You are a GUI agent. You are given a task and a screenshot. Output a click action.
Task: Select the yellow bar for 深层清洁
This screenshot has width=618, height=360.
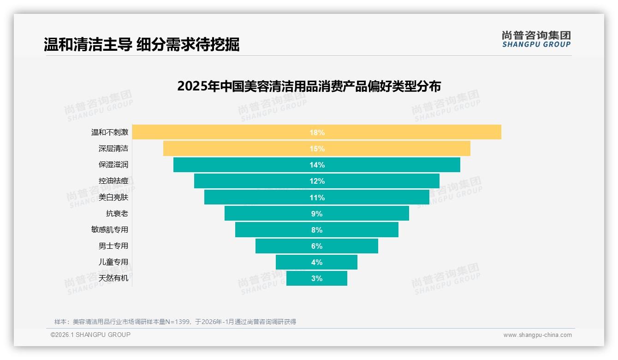(x=231, y=149)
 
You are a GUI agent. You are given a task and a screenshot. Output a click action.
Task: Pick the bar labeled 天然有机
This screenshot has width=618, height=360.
(x=300, y=278)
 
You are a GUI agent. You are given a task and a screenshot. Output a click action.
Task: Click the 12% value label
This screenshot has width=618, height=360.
(x=317, y=181)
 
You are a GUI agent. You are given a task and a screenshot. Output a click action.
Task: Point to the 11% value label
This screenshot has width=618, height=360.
(x=317, y=198)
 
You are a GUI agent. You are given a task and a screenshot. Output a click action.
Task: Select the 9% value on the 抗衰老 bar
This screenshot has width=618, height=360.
(x=317, y=214)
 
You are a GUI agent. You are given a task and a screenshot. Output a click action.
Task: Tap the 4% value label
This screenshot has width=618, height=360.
(x=317, y=262)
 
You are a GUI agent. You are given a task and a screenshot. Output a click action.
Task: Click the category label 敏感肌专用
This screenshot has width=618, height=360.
(x=110, y=230)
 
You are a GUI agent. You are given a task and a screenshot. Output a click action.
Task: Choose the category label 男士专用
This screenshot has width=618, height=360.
(x=113, y=246)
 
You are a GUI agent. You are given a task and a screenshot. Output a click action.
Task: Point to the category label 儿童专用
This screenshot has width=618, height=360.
(x=113, y=262)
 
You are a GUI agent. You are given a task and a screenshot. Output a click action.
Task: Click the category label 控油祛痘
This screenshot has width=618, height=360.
(x=113, y=181)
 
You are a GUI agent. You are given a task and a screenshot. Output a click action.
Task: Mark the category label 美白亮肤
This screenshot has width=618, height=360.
(x=113, y=198)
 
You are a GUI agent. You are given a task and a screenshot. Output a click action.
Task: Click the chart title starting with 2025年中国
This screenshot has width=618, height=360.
(x=309, y=86)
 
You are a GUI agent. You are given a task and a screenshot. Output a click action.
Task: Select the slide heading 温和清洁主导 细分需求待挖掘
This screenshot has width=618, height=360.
(x=142, y=45)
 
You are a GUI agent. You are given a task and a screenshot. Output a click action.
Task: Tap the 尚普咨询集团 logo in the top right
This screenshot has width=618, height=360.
(x=536, y=39)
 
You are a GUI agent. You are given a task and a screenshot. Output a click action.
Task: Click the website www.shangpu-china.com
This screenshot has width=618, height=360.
(x=537, y=335)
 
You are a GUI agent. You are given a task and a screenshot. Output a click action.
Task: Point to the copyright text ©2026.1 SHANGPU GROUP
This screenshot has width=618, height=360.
(x=90, y=335)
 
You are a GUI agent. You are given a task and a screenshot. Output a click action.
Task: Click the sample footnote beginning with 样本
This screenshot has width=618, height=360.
(x=175, y=322)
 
